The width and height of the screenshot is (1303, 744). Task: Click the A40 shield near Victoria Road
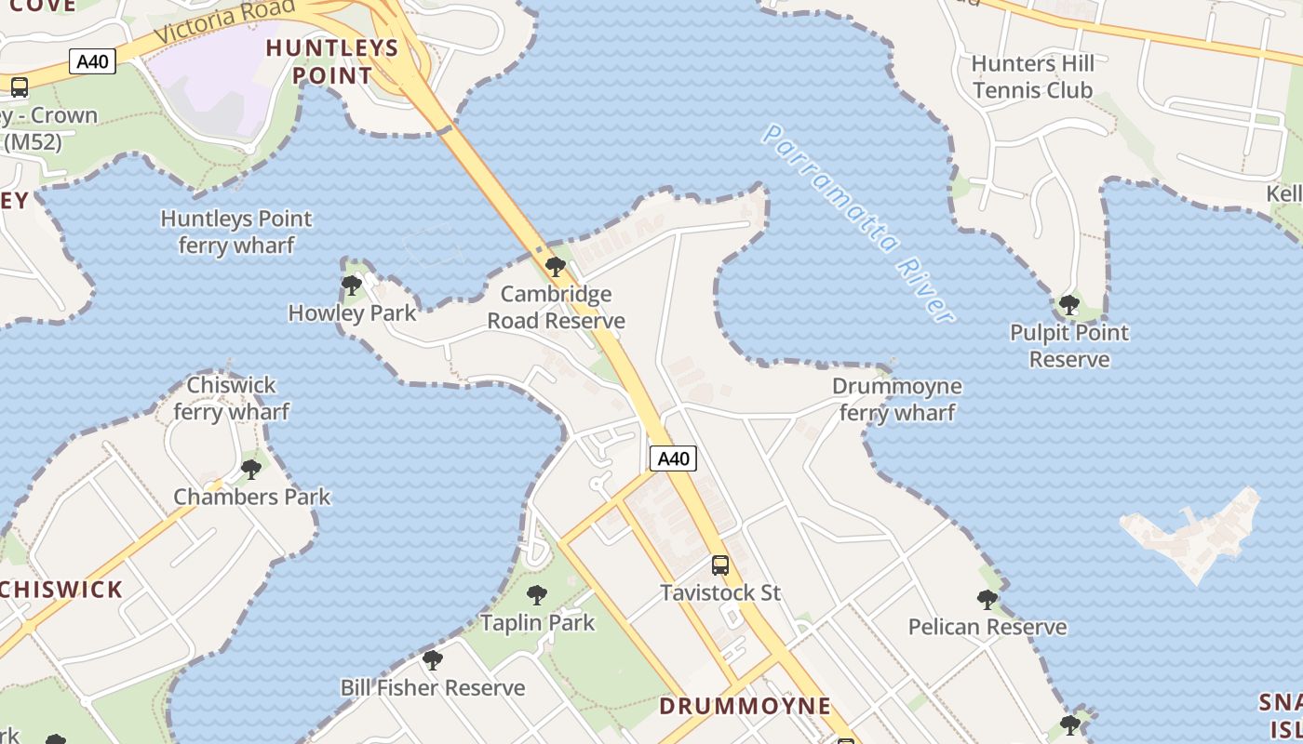click(x=92, y=62)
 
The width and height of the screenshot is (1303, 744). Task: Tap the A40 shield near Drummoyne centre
click(x=673, y=458)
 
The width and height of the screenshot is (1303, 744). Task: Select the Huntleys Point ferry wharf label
click(x=236, y=232)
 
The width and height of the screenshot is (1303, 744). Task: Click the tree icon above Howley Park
click(x=351, y=285)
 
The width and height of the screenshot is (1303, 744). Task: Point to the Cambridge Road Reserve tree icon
click(x=556, y=267)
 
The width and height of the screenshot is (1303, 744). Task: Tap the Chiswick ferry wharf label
click(x=232, y=398)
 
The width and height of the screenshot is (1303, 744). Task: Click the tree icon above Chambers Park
click(x=251, y=469)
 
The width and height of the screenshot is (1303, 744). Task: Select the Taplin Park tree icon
click(x=537, y=594)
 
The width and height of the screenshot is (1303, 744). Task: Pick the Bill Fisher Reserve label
click(x=433, y=688)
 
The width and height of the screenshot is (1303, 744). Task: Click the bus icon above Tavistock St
click(x=719, y=565)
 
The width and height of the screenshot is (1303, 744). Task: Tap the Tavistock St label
click(x=720, y=592)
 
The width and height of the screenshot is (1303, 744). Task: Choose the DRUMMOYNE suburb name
click(x=745, y=706)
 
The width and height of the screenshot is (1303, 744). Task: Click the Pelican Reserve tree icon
click(x=987, y=600)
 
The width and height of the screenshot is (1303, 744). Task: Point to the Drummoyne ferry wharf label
click(x=897, y=399)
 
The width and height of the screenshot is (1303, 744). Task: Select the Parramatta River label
click(x=858, y=224)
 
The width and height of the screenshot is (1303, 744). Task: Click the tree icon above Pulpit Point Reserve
click(x=1069, y=304)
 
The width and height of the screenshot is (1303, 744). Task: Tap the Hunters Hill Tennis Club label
click(x=1033, y=77)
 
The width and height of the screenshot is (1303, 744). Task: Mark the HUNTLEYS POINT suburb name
click(x=332, y=61)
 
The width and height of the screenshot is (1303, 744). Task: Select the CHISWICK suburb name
click(x=61, y=590)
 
